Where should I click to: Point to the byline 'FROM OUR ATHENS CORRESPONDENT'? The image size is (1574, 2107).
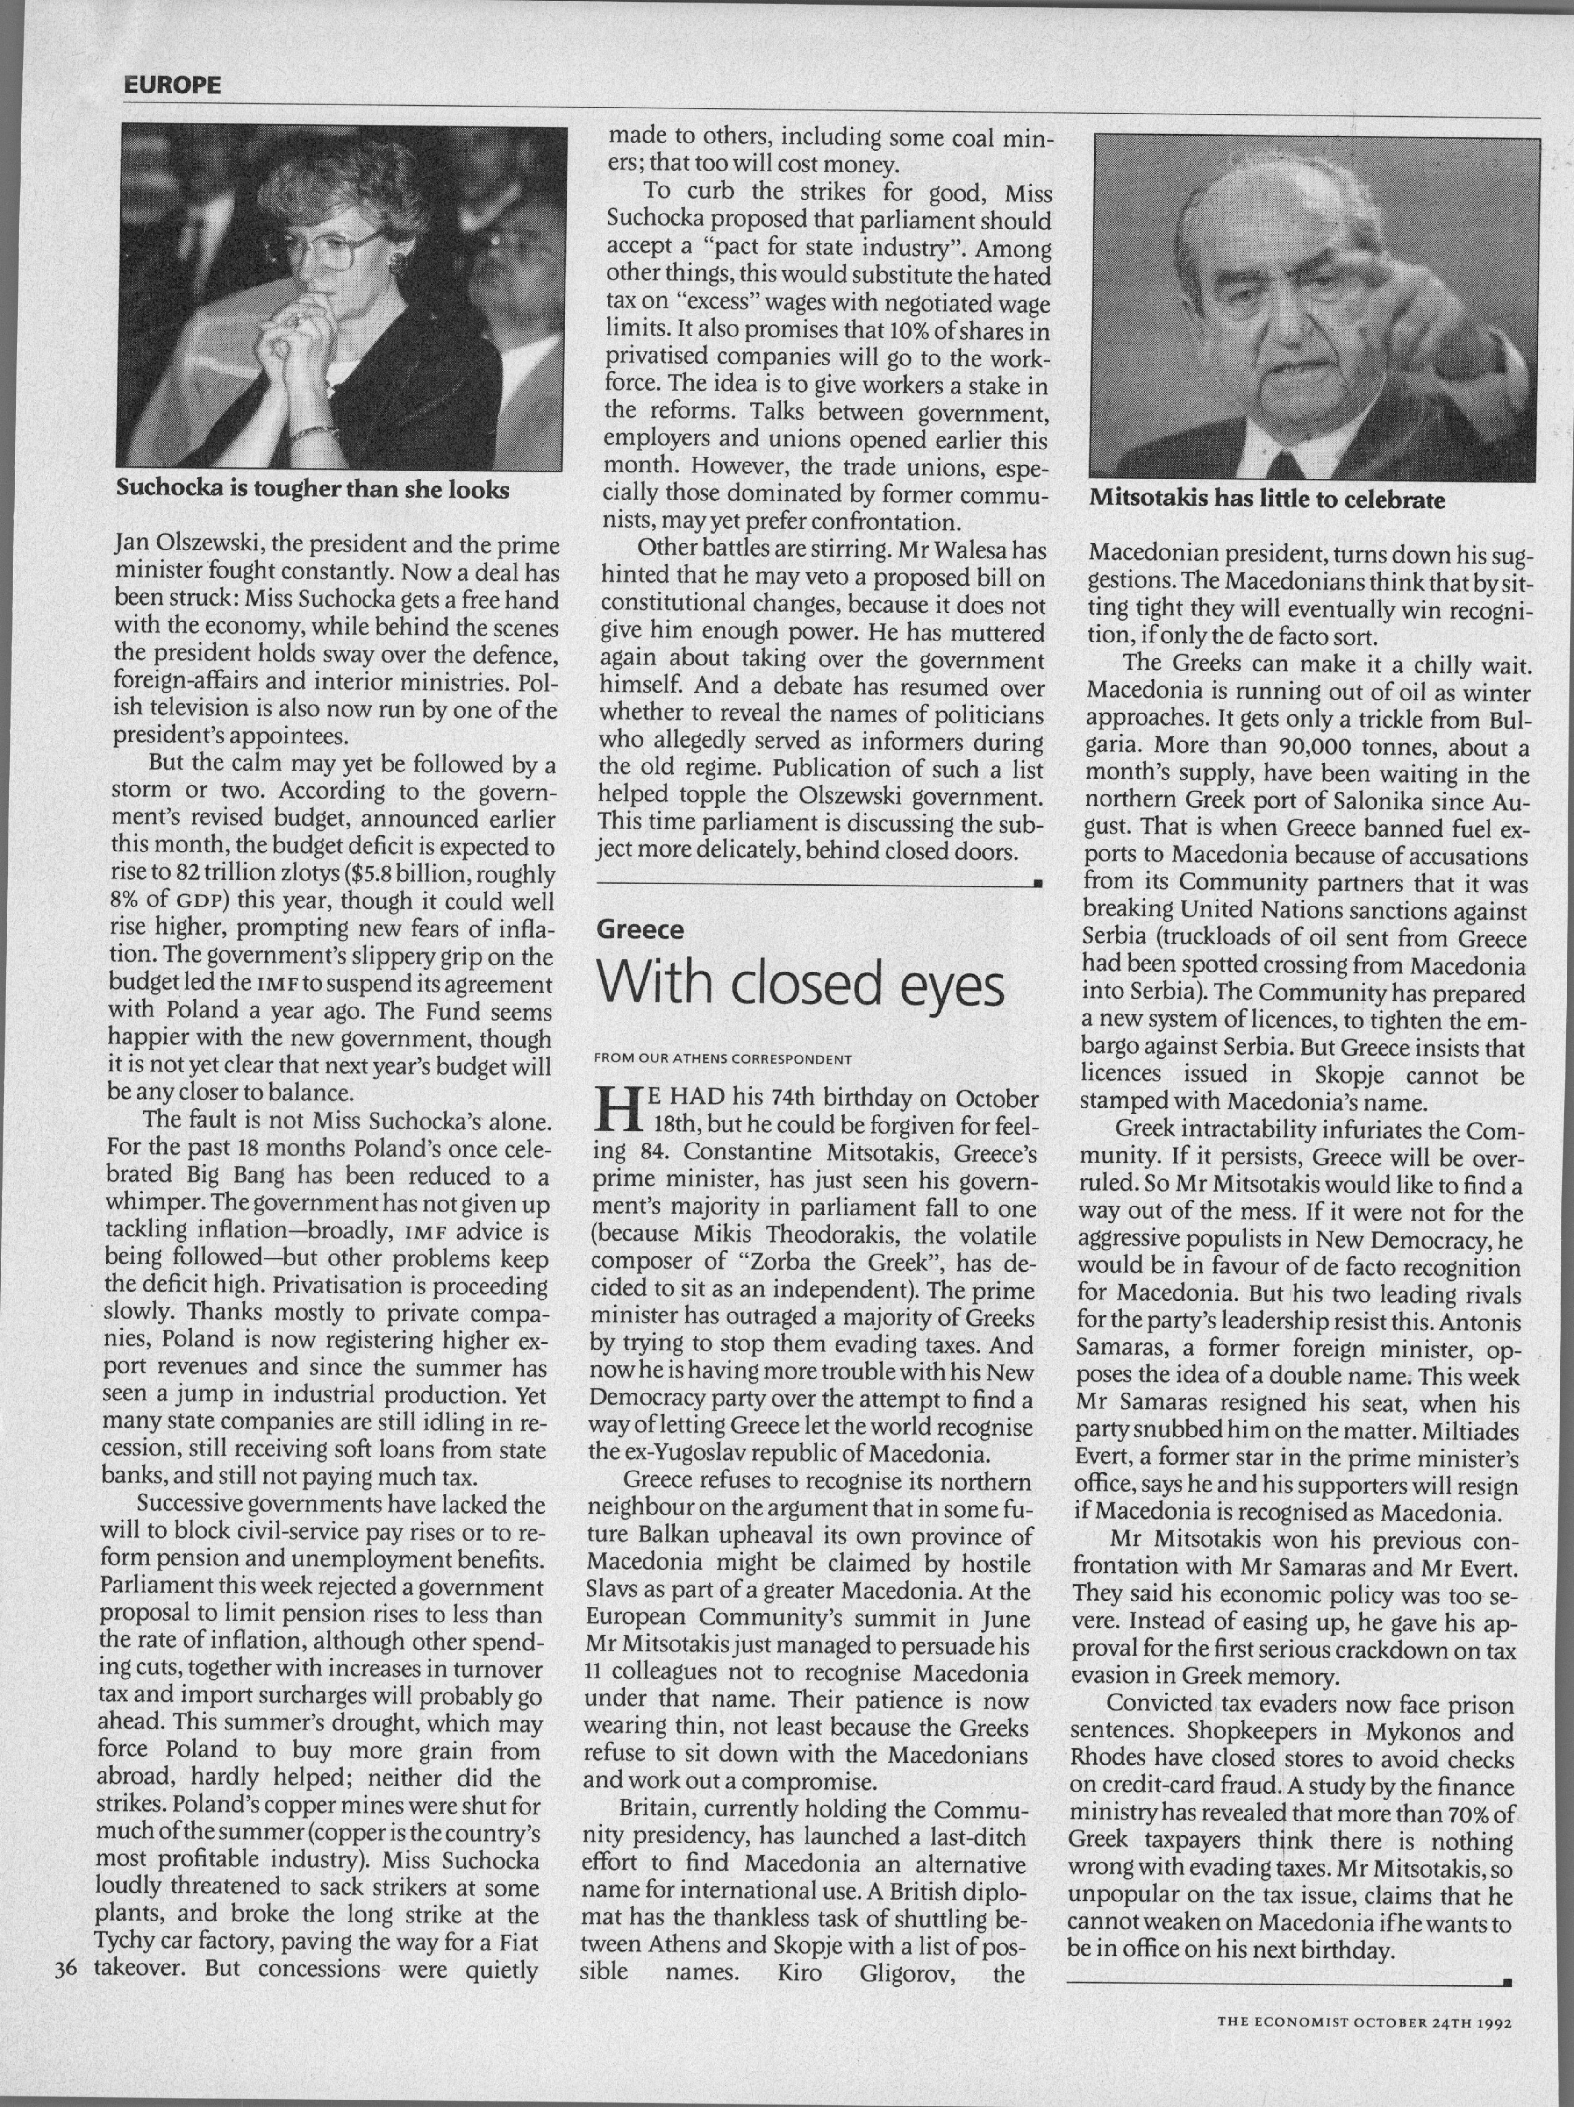722,1058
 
